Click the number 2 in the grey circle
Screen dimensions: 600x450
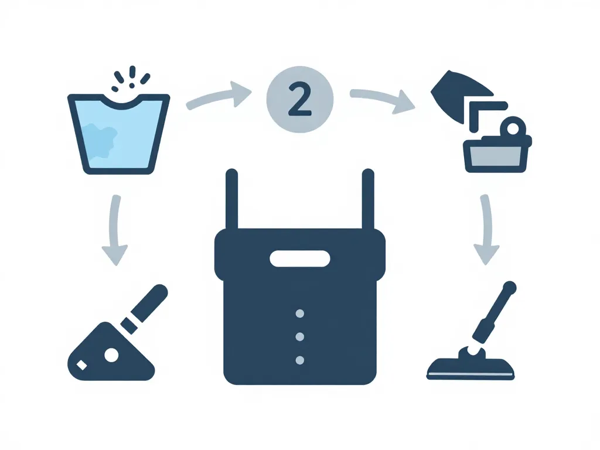(x=299, y=100)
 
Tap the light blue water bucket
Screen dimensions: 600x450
(x=118, y=134)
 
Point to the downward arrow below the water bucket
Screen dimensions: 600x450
(x=114, y=230)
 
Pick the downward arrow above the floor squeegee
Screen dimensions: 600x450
(x=486, y=230)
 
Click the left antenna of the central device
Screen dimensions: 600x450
(x=232, y=199)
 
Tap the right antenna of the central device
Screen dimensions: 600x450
(x=368, y=199)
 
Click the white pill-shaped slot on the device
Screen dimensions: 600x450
(x=300, y=258)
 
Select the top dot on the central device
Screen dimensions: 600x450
(x=300, y=314)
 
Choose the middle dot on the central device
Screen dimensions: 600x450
(x=300, y=337)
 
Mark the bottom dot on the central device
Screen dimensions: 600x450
(x=300, y=360)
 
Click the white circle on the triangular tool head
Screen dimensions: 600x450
(x=112, y=355)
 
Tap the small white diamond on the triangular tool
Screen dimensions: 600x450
(x=82, y=366)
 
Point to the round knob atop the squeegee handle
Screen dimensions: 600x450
(x=510, y=288)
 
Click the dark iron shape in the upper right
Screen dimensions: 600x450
(x=459, y=94)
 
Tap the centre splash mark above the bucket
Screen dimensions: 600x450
(x=132, y=71)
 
